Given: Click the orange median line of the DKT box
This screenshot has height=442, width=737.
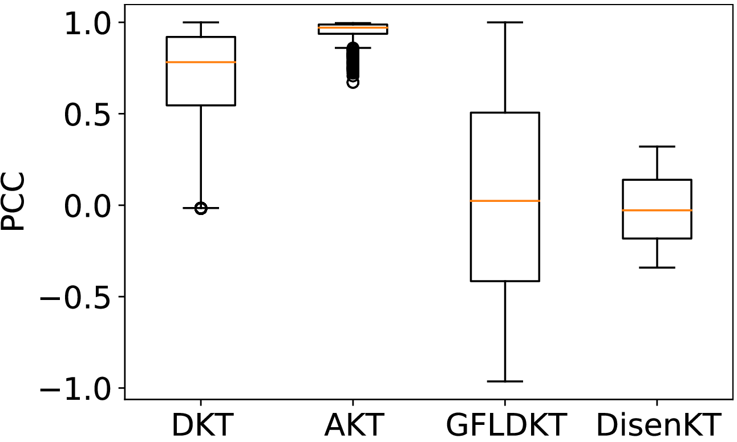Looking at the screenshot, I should (x=201, y=62).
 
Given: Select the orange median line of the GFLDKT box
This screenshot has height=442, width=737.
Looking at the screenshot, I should (x=505, y=201).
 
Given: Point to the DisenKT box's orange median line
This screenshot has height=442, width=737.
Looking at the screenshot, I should (x=657, y=210).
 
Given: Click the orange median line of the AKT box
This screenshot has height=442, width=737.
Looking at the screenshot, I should (x=353, y=27).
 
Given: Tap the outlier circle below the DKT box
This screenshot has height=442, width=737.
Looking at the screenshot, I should (x=201, y=209).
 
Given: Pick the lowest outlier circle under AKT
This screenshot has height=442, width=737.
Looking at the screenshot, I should (x=353, y=83).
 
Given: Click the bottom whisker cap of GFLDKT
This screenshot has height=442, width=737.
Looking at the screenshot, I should (x=505, y=381).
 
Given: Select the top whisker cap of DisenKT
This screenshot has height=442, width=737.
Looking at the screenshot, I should (x=657, y=147).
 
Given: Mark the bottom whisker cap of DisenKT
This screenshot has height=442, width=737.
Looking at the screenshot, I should (x=657, y=267).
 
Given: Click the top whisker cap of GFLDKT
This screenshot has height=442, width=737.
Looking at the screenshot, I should (x=505, y=22).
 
